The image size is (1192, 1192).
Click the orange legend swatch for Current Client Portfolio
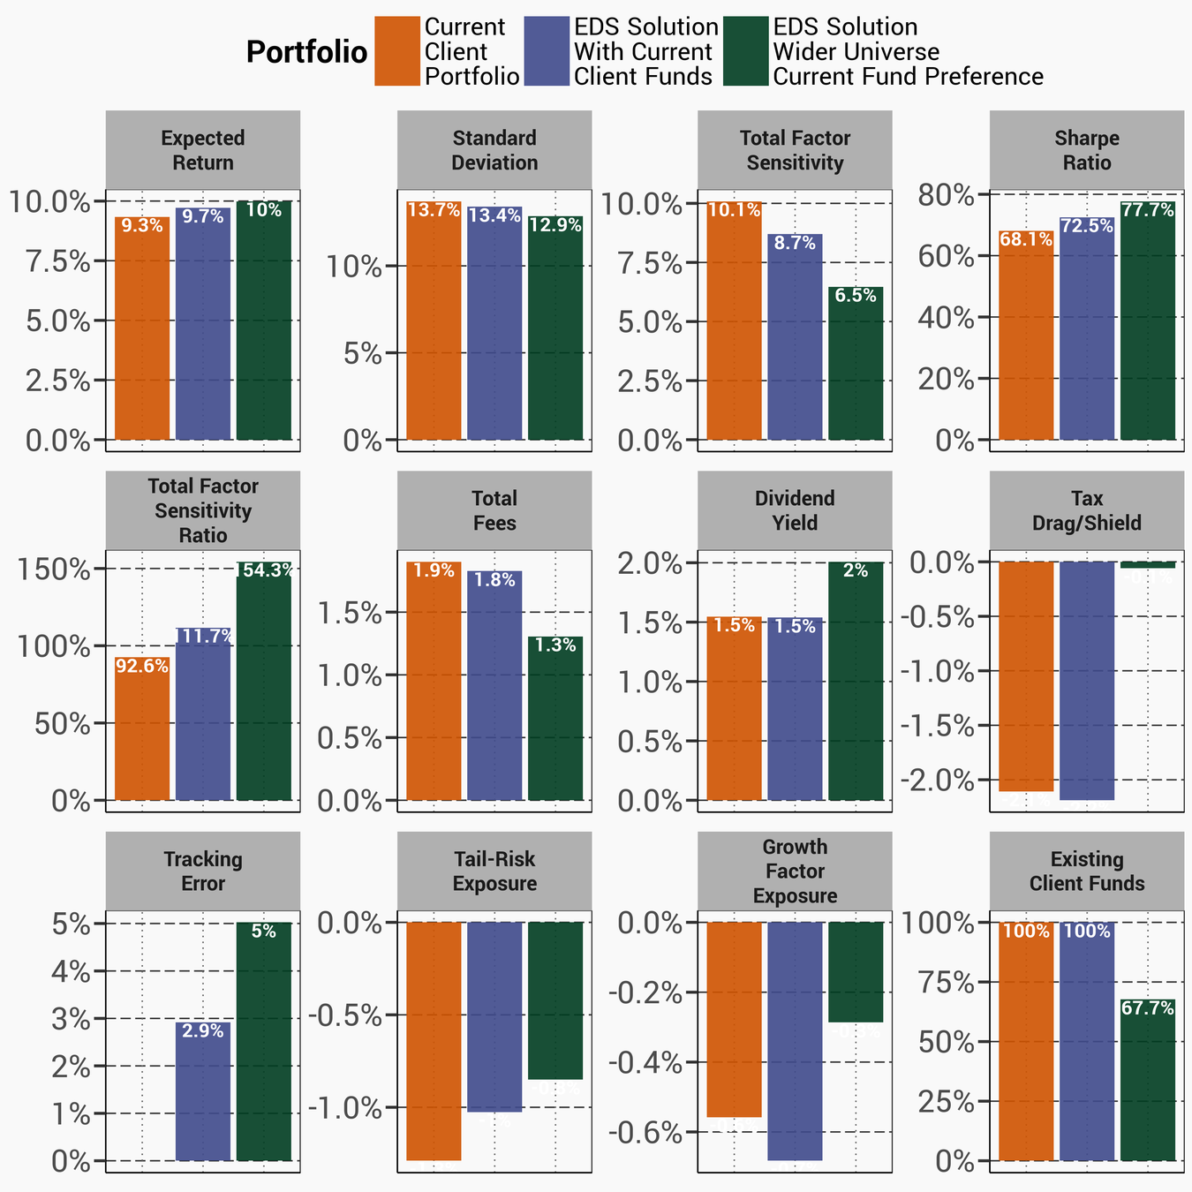396,51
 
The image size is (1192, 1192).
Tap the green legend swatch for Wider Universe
745,51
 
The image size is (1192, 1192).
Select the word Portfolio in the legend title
306,53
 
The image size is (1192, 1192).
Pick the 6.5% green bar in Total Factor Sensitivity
856,364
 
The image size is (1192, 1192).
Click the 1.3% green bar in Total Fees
555,719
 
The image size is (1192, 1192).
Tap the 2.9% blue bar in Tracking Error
203,1091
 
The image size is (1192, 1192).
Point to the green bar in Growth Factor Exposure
856,971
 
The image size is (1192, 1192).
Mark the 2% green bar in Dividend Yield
856,681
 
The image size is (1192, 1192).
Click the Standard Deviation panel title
494,150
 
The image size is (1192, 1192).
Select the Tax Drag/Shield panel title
1087,510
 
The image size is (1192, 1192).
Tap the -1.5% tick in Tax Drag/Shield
938,726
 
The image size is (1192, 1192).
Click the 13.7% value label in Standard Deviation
434,211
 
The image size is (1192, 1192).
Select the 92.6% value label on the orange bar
142,667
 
